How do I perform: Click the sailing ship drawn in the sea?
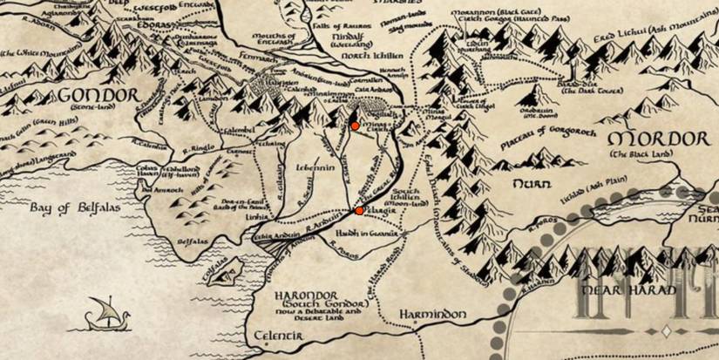103,313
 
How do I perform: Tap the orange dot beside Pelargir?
359,210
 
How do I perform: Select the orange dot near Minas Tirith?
355,126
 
